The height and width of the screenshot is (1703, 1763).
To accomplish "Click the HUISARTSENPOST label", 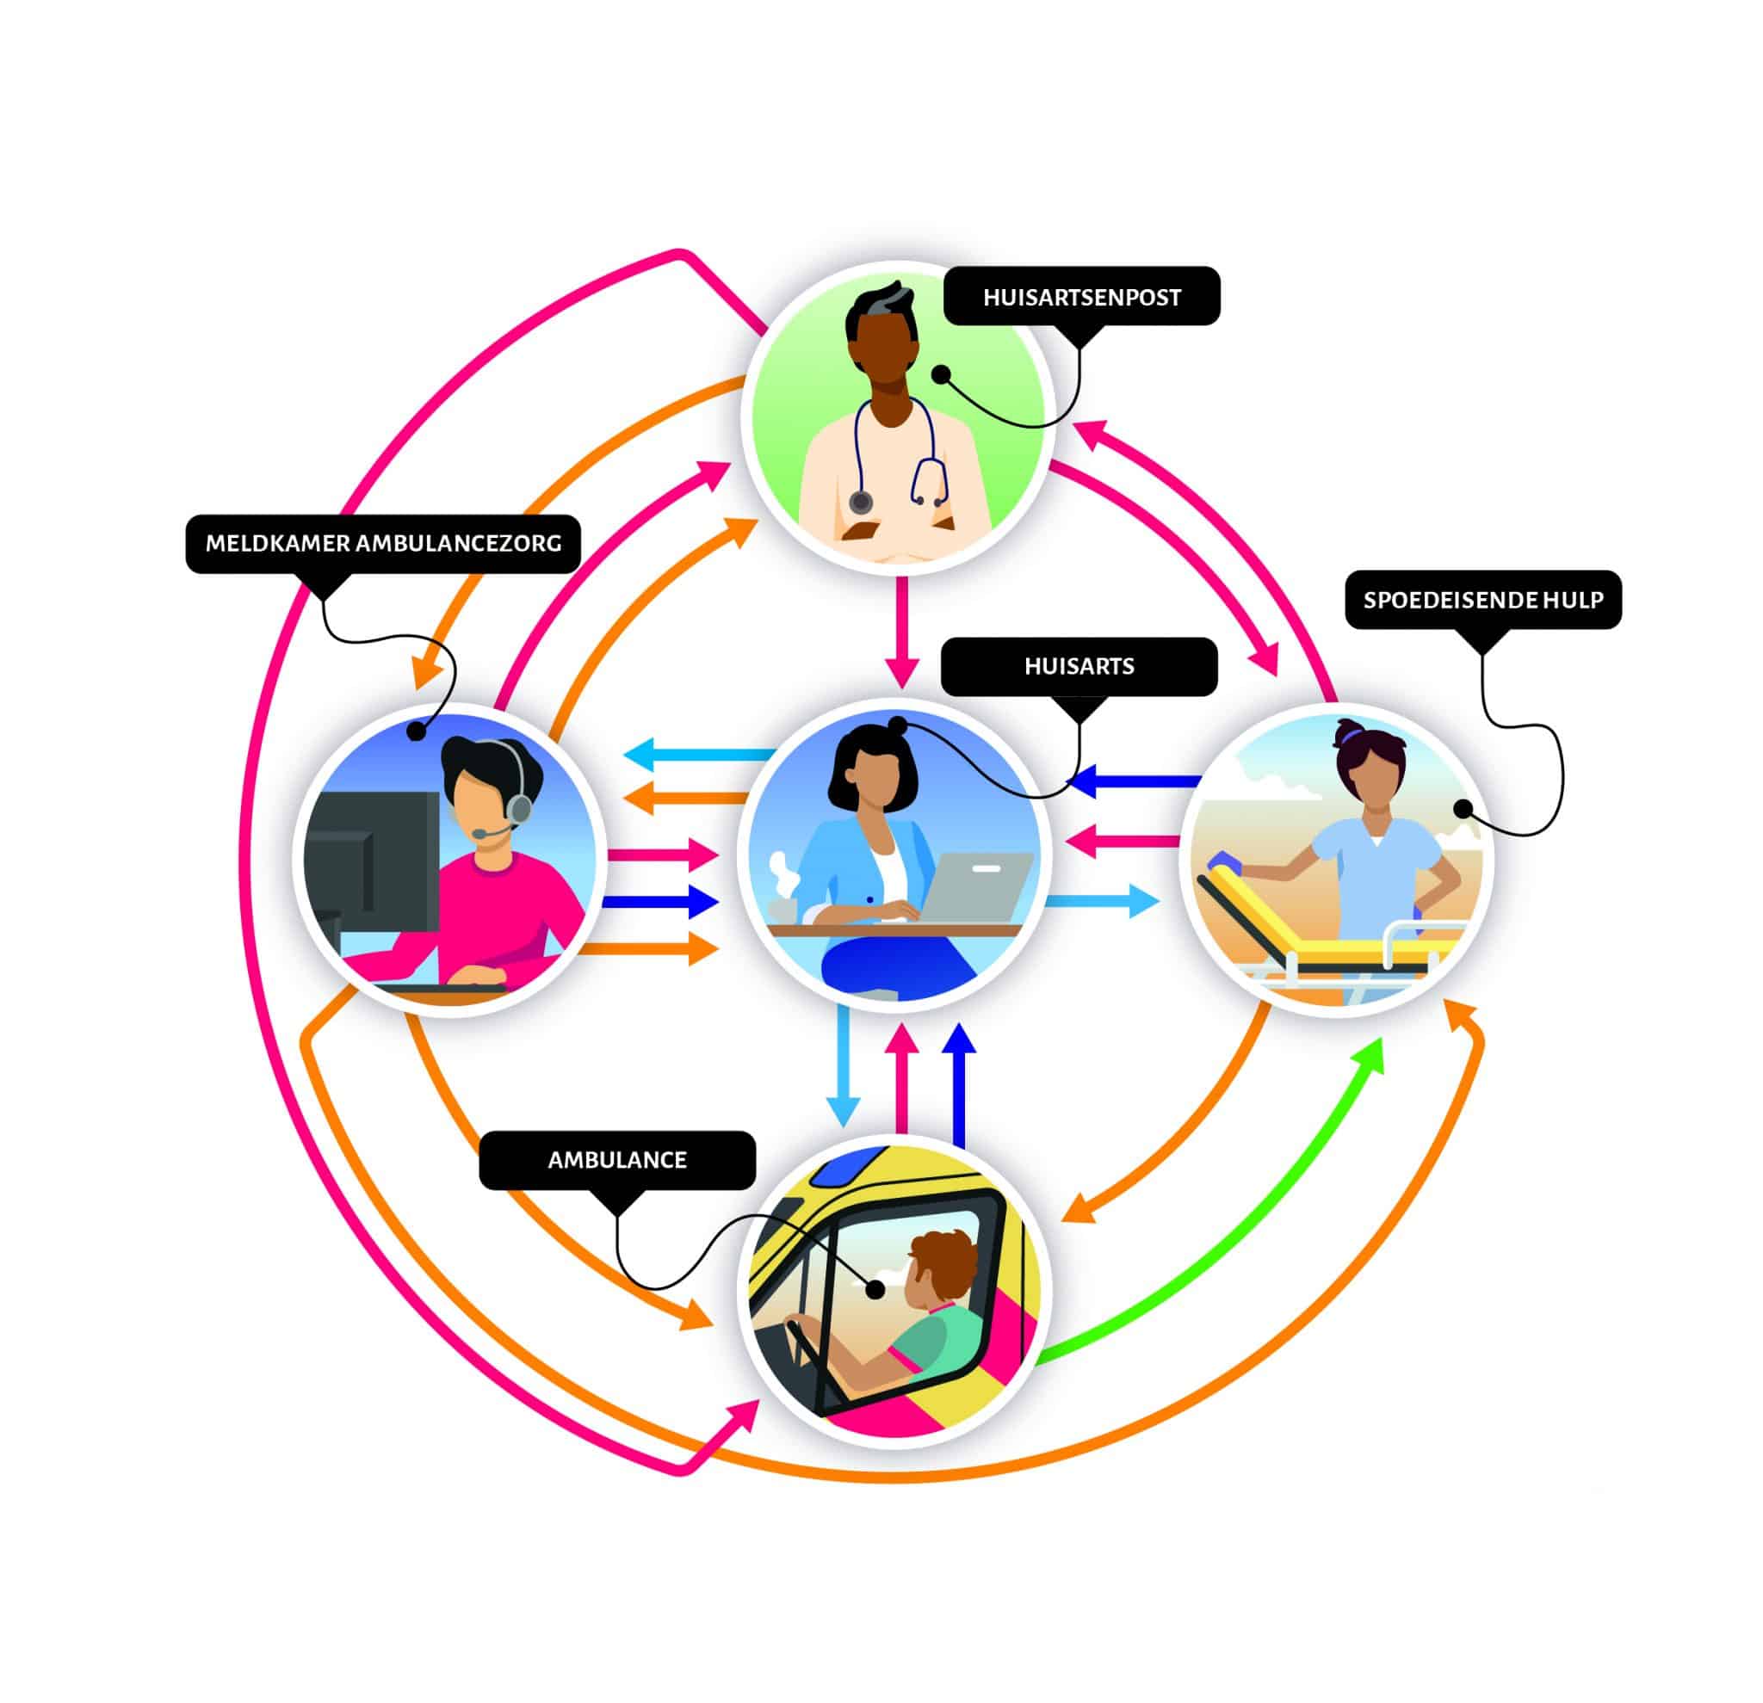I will (x=1081, y=297).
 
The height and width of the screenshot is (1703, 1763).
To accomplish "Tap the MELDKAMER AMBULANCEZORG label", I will (x=383, y=543).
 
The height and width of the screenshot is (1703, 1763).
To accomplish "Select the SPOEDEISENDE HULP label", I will (x=1482, y=600).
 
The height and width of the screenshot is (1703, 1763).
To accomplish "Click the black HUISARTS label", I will (x=1079, y=666).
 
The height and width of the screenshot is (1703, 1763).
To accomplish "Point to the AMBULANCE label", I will (x=617, y=1160).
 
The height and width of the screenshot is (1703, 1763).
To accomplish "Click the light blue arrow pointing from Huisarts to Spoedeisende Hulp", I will (x=1102, y=900).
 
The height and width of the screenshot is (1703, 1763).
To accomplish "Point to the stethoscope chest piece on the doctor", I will (x=861, y=501).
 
